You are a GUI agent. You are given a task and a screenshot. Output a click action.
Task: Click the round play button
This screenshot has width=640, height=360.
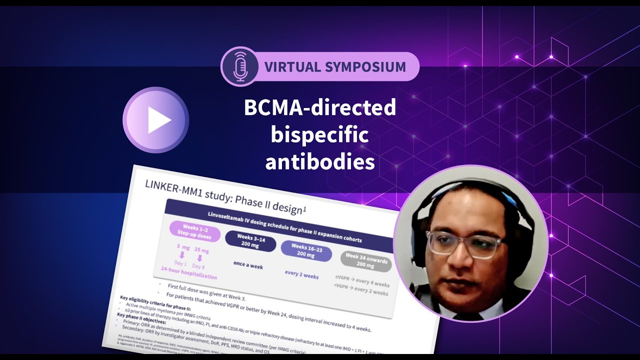pyautogui.click(x=155, y=120)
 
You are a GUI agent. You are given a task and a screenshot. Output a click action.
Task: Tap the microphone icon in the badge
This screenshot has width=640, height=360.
pyautogui.click(x=240, y=66)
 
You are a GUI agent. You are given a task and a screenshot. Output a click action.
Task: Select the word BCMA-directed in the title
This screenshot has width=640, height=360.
pyautogui.click(x=320, y=108)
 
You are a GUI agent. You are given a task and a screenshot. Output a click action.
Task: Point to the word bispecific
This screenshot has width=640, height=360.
pyautogui.click(x=320, y=135)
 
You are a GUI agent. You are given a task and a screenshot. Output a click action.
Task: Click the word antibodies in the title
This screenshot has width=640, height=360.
pyautogui.click(x=320, y=162)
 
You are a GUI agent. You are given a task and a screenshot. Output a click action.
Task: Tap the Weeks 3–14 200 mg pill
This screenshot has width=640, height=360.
pyautogui.click(x=250, y=243)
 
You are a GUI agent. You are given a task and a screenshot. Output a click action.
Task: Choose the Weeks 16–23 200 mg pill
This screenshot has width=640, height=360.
pyautogui.click(x=306, y=250)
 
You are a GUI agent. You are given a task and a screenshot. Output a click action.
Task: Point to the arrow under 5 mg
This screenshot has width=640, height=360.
pyautogui.click(x=181, y=255)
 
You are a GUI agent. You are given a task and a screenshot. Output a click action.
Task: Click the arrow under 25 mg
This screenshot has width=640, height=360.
pyautogui.click(x=199, y=258)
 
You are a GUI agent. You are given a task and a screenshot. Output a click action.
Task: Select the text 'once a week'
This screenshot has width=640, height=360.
pyautogui.click(x=248, y=265)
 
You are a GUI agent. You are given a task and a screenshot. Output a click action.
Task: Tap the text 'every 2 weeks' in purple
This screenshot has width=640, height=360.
pyautogui.click(x=301, y=275)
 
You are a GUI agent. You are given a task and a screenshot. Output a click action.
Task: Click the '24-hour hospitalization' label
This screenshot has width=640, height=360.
pyautogui.click(x=188, y=273)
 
